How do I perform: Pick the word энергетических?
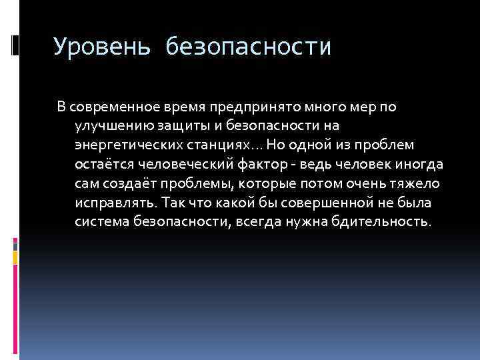pyautogui.click(x=123, y=145)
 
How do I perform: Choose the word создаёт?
pyautogui.click(x=130, y=183)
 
